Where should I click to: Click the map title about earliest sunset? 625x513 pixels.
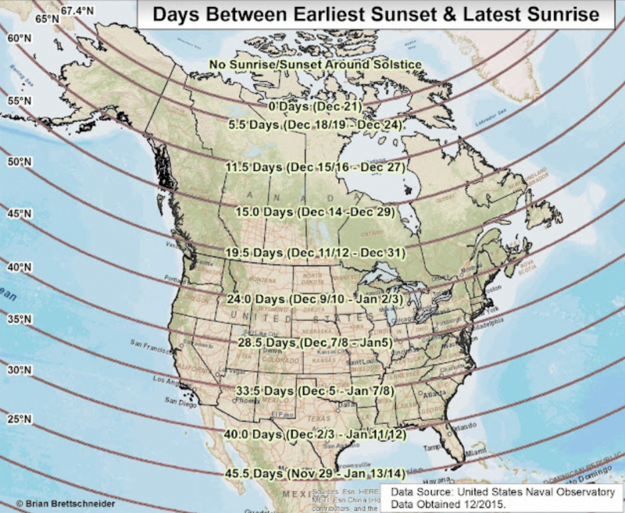376,14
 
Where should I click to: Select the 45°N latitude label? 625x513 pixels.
18,213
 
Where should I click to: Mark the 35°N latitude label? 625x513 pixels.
18,319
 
